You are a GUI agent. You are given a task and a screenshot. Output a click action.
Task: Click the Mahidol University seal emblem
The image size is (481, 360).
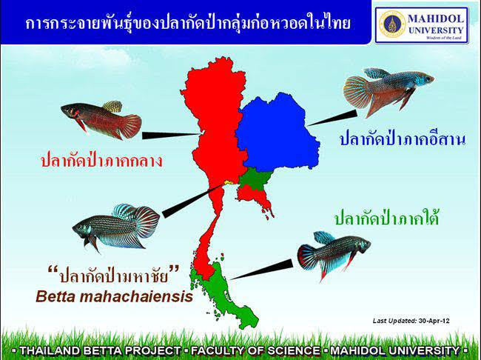pyautogui.click(x=392, y=24)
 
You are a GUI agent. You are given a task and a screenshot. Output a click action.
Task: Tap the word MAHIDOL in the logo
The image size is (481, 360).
pyautogui.click(x=436, y=19)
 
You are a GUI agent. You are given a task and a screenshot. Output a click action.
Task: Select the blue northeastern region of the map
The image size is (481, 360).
pyautogui.click(x=277, y=132)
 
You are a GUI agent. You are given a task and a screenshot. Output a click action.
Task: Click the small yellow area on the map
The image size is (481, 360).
pyautogui.click(x=229, y=182)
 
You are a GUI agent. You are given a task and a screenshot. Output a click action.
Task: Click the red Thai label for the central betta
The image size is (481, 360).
pyautogui.click(x=101, y=160)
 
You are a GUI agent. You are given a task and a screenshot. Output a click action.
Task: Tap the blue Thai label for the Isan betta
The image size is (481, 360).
pyautogui.click(x=403, y=139)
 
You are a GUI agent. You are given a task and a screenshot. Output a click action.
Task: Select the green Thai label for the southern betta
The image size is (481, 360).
pyautogui.click(x=386, y=218)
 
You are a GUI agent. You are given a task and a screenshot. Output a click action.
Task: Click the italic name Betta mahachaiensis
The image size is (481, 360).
pyautogui.click(x=115, y=297)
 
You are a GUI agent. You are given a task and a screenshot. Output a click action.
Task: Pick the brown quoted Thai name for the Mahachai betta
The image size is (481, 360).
pyautogui.click(x=113, y=274)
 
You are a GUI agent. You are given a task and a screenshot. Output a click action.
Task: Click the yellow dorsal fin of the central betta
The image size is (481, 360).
pyautogui.click(x=112, y=106)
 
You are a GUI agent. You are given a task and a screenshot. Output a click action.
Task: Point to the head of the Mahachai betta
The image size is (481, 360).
pyautogui.click(x=81, y=229)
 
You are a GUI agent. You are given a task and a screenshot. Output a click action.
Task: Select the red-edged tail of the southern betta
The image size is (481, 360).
pyautogui.click(x=308, y=257)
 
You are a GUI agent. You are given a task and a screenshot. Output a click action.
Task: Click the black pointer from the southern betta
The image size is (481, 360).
pyautogui.click(x=261, y=270)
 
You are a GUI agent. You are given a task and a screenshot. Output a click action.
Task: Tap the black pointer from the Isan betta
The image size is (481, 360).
pyautogui.click(x=332, y=118)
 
